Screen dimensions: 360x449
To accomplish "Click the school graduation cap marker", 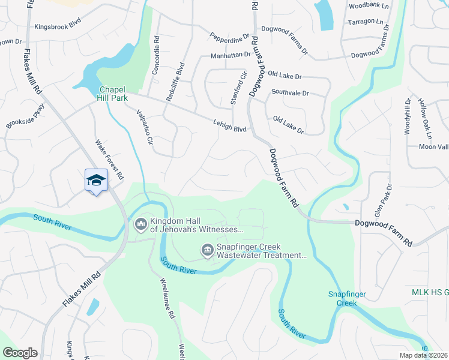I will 96,179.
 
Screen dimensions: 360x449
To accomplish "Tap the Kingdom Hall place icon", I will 141,224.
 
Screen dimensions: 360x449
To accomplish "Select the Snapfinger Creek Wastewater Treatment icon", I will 207,250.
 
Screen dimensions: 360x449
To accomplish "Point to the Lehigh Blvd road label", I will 230,124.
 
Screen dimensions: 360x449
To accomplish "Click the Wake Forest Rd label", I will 109,160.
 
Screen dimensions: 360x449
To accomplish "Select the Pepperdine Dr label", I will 229,37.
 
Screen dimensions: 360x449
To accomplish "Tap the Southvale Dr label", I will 290,93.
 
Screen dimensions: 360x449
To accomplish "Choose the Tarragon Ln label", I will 366,22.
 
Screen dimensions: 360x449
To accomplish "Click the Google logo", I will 20,352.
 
